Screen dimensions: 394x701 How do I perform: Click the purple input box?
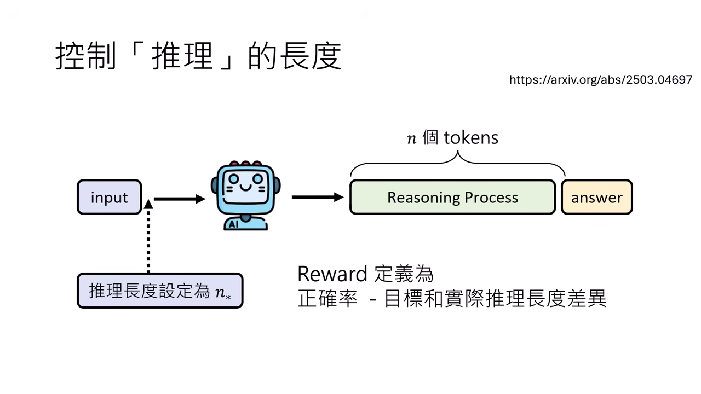point(110,197)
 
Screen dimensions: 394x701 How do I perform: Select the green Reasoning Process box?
point(452,197)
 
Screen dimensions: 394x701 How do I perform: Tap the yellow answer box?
point(596,197)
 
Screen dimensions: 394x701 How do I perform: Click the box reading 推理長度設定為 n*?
point(159,291)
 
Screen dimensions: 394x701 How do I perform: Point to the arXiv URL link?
point(600,80)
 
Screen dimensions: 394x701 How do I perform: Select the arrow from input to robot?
point(179,199)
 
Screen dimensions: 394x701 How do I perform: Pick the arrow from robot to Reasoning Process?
point(317,197)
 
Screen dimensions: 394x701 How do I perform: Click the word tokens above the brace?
point(471,137)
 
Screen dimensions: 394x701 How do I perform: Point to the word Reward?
point(332,274)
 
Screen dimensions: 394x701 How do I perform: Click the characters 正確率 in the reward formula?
point(327,299)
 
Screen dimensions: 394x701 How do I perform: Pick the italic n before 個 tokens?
point(412,138)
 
